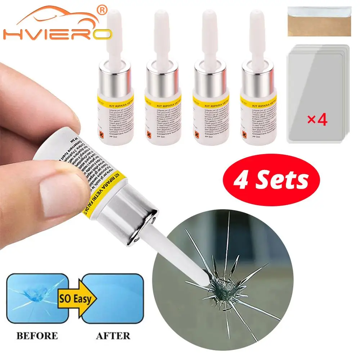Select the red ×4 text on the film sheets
(317, 120)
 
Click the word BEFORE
(36, 336)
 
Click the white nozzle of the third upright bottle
(208, 36)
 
